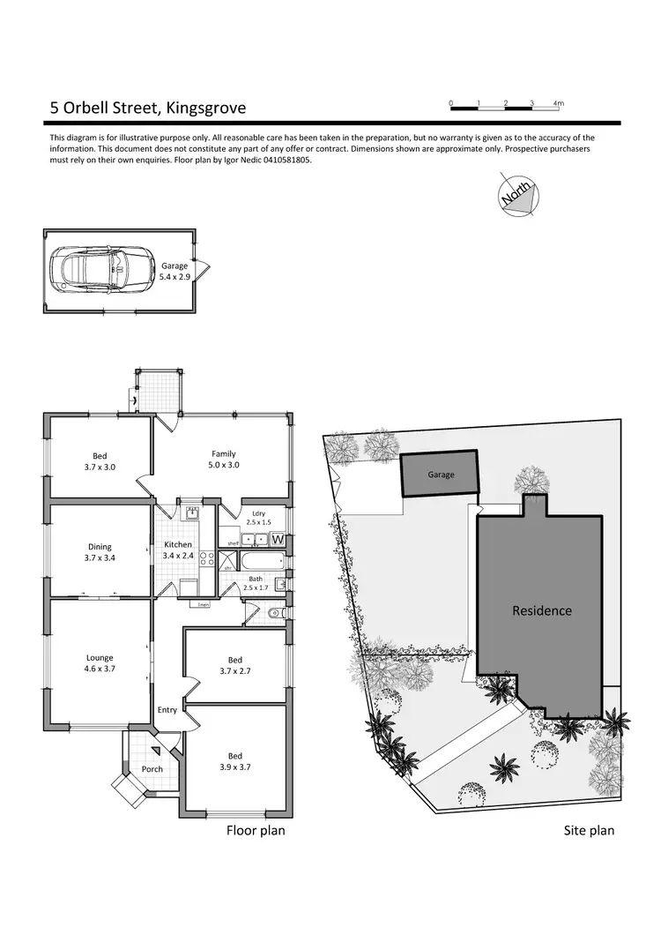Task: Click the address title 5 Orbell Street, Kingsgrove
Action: tap(147, 108)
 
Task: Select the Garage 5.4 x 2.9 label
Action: tap(175, 271)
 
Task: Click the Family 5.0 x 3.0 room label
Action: tap(223, 459)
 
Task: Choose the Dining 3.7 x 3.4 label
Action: tap(99, 552)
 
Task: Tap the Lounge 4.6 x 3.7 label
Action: tap(99, 662)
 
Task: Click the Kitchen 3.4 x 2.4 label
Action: tap(178, 550)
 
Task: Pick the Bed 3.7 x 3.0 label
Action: tap(99, 460)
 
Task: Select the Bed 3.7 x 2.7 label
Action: tap(234, 665)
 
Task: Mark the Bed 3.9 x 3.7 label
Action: tap(234, 761)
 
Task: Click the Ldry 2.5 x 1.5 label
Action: tap(258, 518)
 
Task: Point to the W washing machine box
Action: tap(277, 539)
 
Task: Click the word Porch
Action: tap(152, 768)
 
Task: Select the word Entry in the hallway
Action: tap(167, 710)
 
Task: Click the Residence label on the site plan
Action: tap(542, 610)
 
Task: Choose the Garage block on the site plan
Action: tap(441, 475)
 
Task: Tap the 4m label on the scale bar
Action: tap(558, 104)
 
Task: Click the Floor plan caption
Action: tap(256, 830)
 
